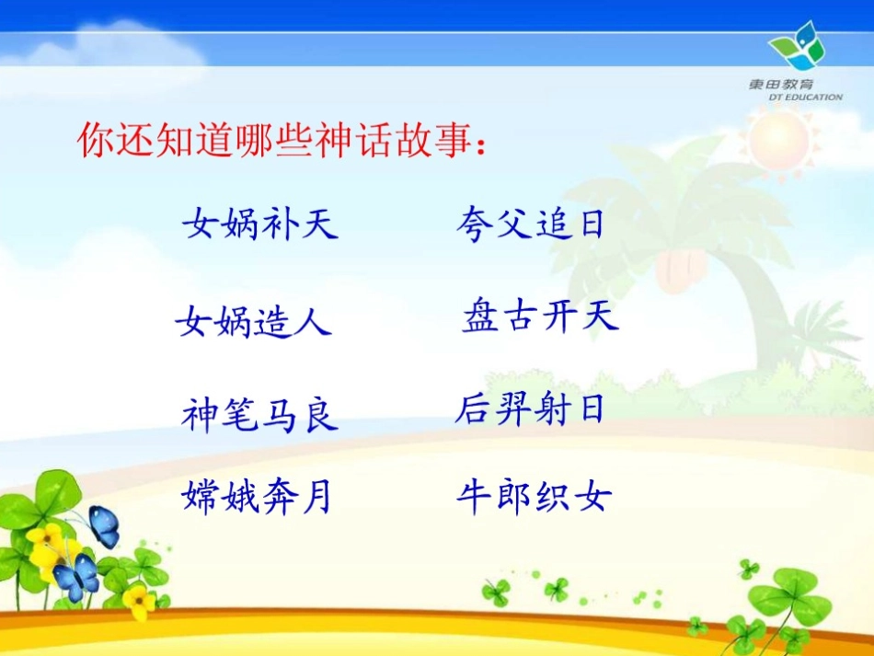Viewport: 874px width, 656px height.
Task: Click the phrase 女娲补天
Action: (x=260, y=224)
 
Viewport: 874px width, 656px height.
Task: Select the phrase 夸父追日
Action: (x=531, y=224)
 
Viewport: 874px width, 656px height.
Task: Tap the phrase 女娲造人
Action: (x=254, y=322)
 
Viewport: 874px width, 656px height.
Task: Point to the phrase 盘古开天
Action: (x=540, y=316)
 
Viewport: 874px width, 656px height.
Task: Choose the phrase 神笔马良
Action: (x=260, y=416)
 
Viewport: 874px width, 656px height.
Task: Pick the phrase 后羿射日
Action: (x=530, y=409)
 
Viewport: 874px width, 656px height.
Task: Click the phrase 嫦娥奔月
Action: (x=256, y=498)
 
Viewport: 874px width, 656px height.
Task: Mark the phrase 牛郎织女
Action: (x=534, y=498)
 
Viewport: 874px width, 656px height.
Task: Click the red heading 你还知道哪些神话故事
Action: (x=282, y=140)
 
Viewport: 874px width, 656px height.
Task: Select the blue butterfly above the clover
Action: (x=104, y=525)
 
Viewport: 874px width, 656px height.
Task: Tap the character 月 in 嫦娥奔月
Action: (x=316, y=498)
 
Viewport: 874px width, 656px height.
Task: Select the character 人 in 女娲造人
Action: (x=314, y=322)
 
